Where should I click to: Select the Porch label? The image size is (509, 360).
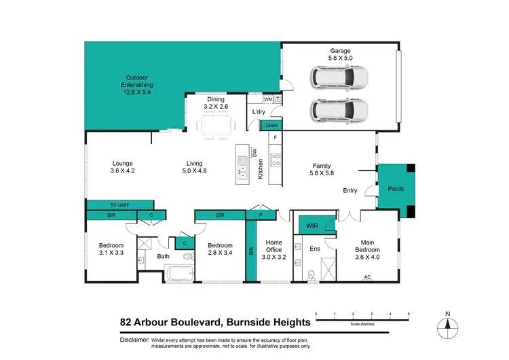[x=393, y=190]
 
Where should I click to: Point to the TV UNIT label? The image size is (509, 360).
[x=119, y=204]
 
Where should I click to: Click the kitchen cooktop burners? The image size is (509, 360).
[x=276, y=161]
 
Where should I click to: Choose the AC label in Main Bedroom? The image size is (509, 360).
[x=367, y=277]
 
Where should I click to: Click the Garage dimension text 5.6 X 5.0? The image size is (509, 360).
[x=339, y=58]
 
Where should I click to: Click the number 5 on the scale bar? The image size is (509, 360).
[x=408, y=313]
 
